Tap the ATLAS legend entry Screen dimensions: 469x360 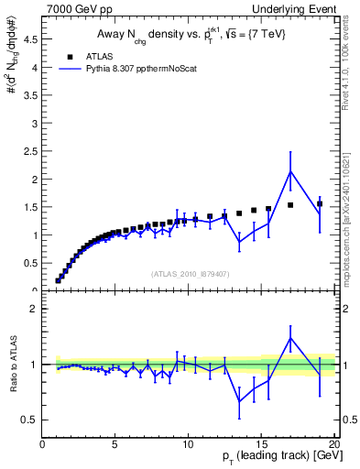(x=102, y=55)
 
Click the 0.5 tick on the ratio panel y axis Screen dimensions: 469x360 (x=30, y=420)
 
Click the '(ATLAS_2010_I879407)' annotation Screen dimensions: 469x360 (x=190, y=273)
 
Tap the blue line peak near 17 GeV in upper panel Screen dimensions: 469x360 (x=290, y=171)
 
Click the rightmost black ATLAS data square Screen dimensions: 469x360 (x=320, y=204)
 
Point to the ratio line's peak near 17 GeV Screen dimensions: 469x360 (x=290, y=338)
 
